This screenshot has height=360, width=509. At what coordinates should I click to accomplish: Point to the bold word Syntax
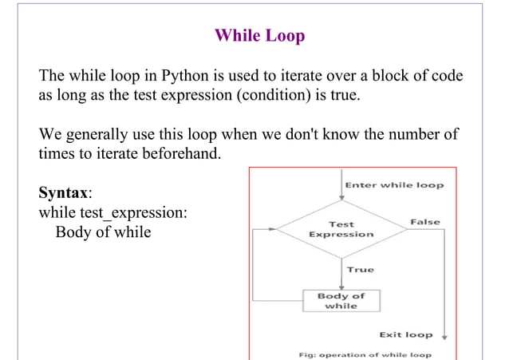[x=64, y=194]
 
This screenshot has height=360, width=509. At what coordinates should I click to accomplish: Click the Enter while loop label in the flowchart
[x=393, y=185]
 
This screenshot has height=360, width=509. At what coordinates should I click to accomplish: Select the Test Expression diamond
[x=341, y=229]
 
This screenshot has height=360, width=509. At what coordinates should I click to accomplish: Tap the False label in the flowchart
[x=424, y=221]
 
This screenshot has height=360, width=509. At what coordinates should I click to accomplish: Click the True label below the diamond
[x=360, y=270]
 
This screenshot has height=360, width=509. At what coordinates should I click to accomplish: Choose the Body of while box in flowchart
[x=341, y=300]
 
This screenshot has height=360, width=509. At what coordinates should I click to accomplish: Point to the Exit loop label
[x=405, y=334]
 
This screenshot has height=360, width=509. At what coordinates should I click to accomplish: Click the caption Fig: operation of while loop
[x=365, y=354]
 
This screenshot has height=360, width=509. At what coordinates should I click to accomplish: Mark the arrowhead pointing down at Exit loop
[x=444, y=336]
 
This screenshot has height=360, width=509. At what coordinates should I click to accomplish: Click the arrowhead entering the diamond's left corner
[x=274, y=229]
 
